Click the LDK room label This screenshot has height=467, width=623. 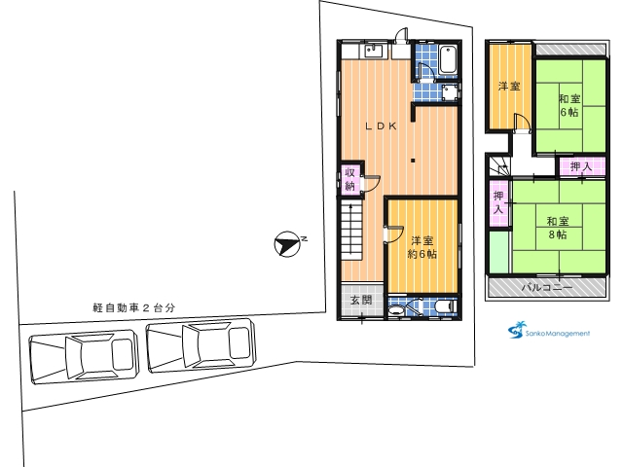[x=381, y=126]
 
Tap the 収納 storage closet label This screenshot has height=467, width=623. [x=349, y=179]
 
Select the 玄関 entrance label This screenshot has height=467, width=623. [x=361, y=300]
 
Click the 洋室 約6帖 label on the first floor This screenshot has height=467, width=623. [x=422, y=247]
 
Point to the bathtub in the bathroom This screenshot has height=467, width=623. [x=448, y=59]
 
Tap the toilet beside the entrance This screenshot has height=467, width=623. [x=446, y=306]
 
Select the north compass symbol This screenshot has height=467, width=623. [x=287, y=244]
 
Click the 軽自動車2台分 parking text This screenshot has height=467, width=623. [x=134, y=308]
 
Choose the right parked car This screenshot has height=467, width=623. [x=202, y=345]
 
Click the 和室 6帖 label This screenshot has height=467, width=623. [x=569, y=105]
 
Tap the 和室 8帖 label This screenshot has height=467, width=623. [x=558, y=228]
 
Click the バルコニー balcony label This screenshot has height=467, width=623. [x=547, y=288]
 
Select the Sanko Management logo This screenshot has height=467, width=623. [x=549, y=331]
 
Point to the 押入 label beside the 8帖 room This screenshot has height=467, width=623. [x=498, y=202]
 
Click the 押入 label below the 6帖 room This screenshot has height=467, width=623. [x=582, y=166]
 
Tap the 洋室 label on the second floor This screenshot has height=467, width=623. [x=509, y=87]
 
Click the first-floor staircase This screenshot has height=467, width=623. [x=351, y=230]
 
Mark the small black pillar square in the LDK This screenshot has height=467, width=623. [x=413, y=161]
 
